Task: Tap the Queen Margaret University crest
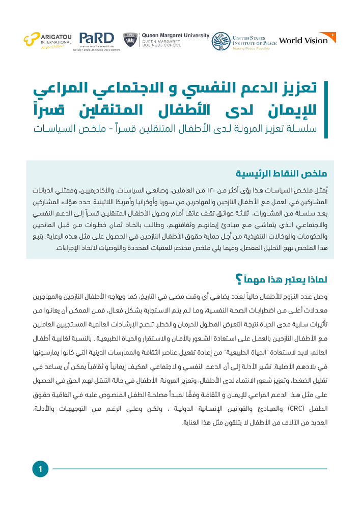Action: click(129, 40)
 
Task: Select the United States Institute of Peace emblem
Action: click(220, 41)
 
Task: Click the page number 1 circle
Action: click(40, 469)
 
